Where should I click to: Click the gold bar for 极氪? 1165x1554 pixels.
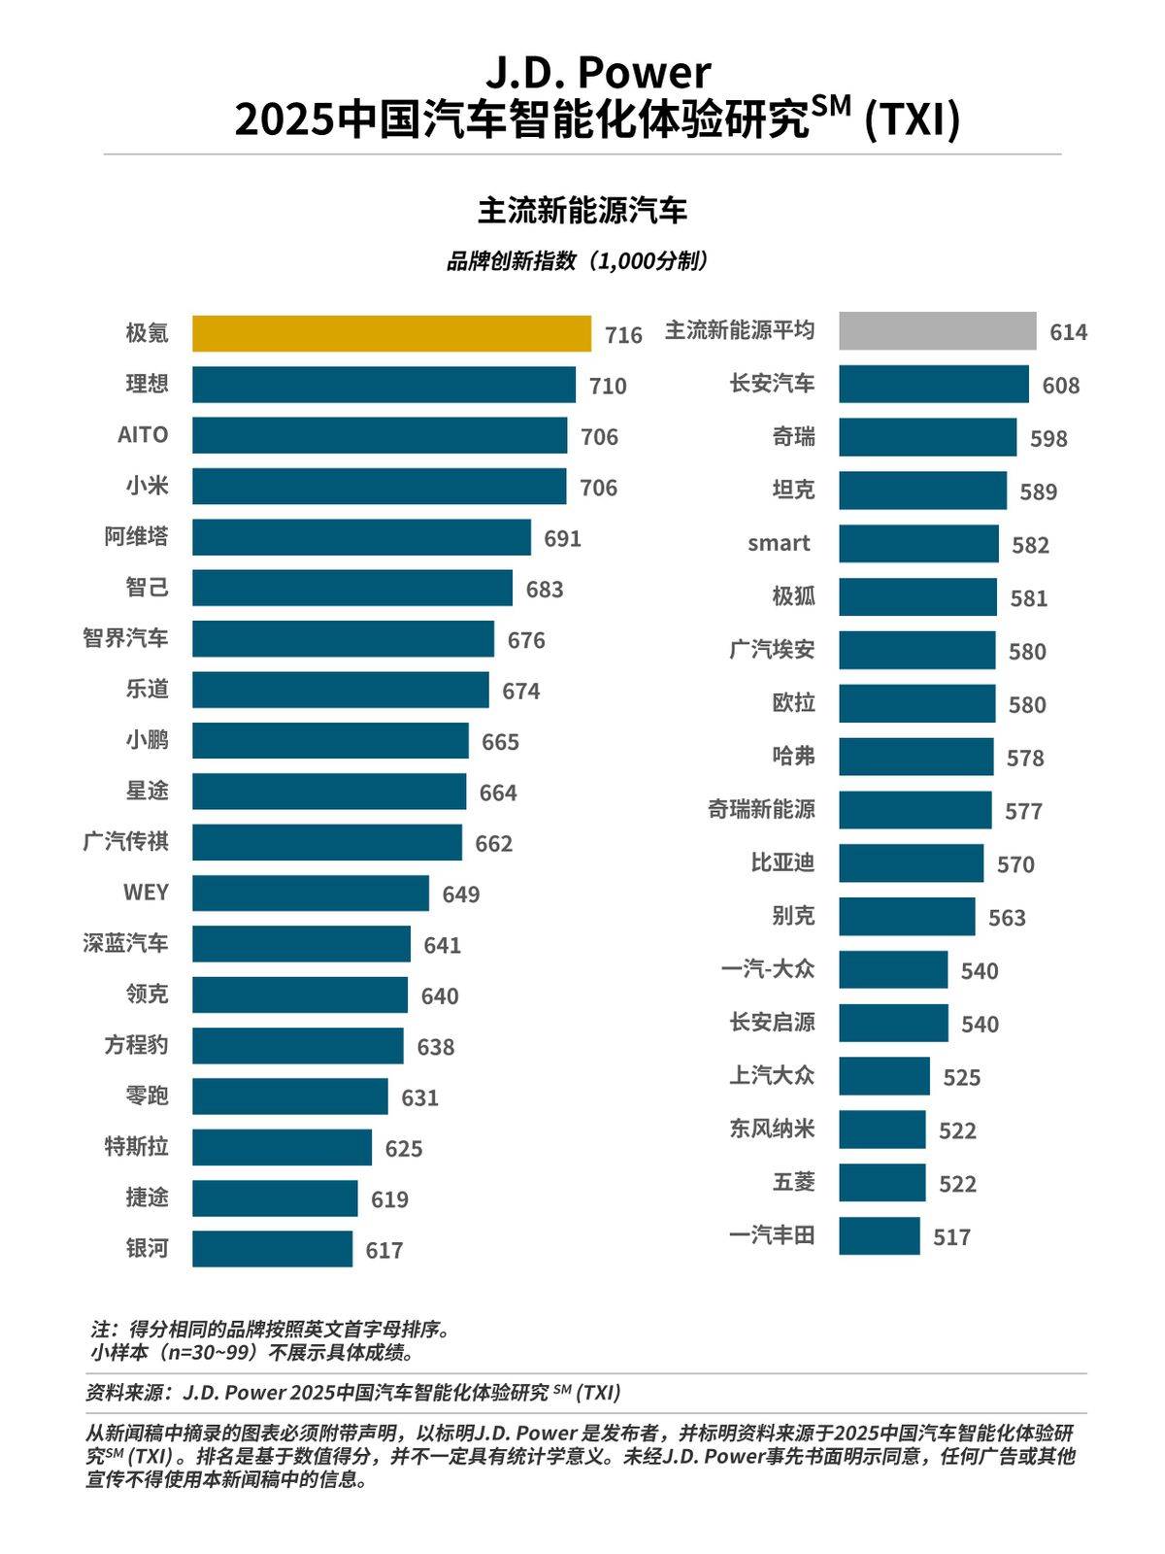click(x=391, y=333)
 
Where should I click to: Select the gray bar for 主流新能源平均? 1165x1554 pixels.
click(x=937, y=331)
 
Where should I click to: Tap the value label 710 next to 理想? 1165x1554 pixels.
click(x=608, y=386)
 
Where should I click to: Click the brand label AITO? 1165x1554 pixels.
click(x=143, y=434)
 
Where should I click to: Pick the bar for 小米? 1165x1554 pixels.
click(x=379, y=487)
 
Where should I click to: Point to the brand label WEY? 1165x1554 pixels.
click(x=146, y=892)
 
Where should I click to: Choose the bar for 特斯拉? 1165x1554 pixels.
click(x=282, y=1147)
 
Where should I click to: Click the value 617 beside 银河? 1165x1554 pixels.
click(x=384, y=1250)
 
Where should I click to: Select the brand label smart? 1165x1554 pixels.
click(x=779, y=543)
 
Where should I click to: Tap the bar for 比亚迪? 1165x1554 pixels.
click(x=911, y=862)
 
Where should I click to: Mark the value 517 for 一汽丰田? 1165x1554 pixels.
click(x=951, y=1236)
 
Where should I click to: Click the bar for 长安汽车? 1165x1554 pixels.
click(x=933, y=384)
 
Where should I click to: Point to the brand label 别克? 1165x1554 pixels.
click(x=793, y=916)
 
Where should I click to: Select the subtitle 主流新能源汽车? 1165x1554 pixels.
click(x=582, y=210)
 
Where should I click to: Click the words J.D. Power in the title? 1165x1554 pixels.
click(x=597, y=73)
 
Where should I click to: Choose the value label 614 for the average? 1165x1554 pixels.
click(x=1068, y=332)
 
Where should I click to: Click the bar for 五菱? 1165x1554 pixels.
click(x=882, y=1182)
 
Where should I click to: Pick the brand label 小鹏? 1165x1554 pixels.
click(x=147, y=740)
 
